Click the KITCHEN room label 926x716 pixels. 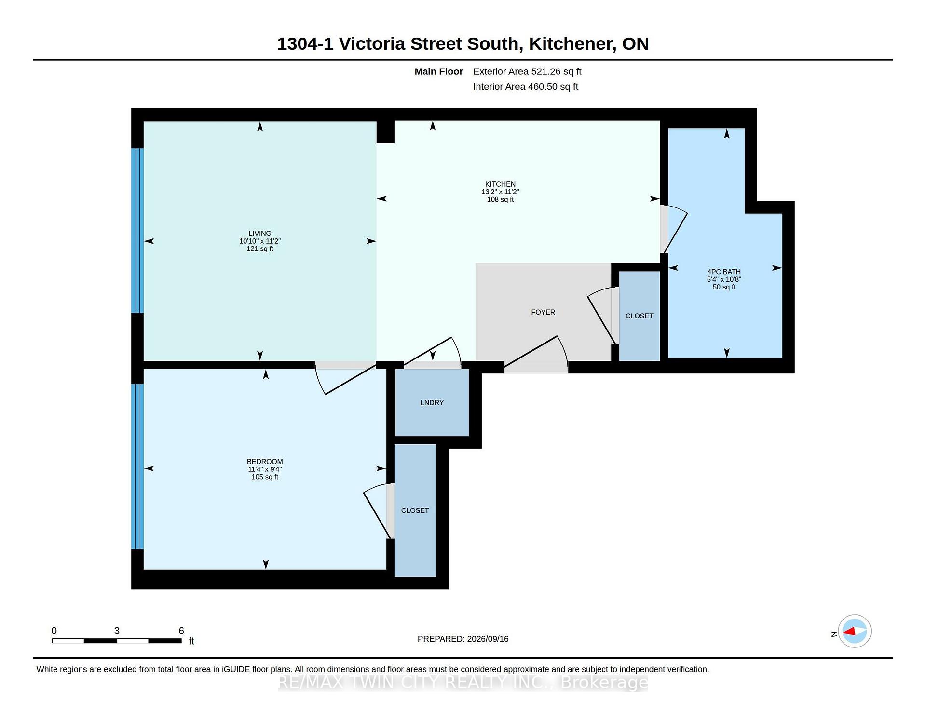point(500,184)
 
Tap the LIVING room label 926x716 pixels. point(260,234)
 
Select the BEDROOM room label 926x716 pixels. point(265,462)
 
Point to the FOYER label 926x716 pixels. point(543,312)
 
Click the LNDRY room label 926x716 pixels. point(432,403)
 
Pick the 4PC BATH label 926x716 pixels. point(724,272)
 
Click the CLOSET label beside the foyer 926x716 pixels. point(640,316)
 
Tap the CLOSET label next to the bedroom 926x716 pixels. point(415,510)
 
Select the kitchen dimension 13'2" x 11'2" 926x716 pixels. point(500,192)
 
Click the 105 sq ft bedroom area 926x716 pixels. point(265,477)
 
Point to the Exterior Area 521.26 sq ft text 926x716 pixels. point(527,71)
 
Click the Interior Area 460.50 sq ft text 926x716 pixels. point(526,87)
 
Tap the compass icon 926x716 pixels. point(855,631)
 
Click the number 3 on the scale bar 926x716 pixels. point(117,631)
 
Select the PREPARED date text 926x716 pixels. point(463,639)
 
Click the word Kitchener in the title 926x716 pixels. point(572,44)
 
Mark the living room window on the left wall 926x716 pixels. point(137,231)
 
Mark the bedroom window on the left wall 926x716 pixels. point(137,467)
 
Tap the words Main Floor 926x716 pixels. point(439,71)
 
